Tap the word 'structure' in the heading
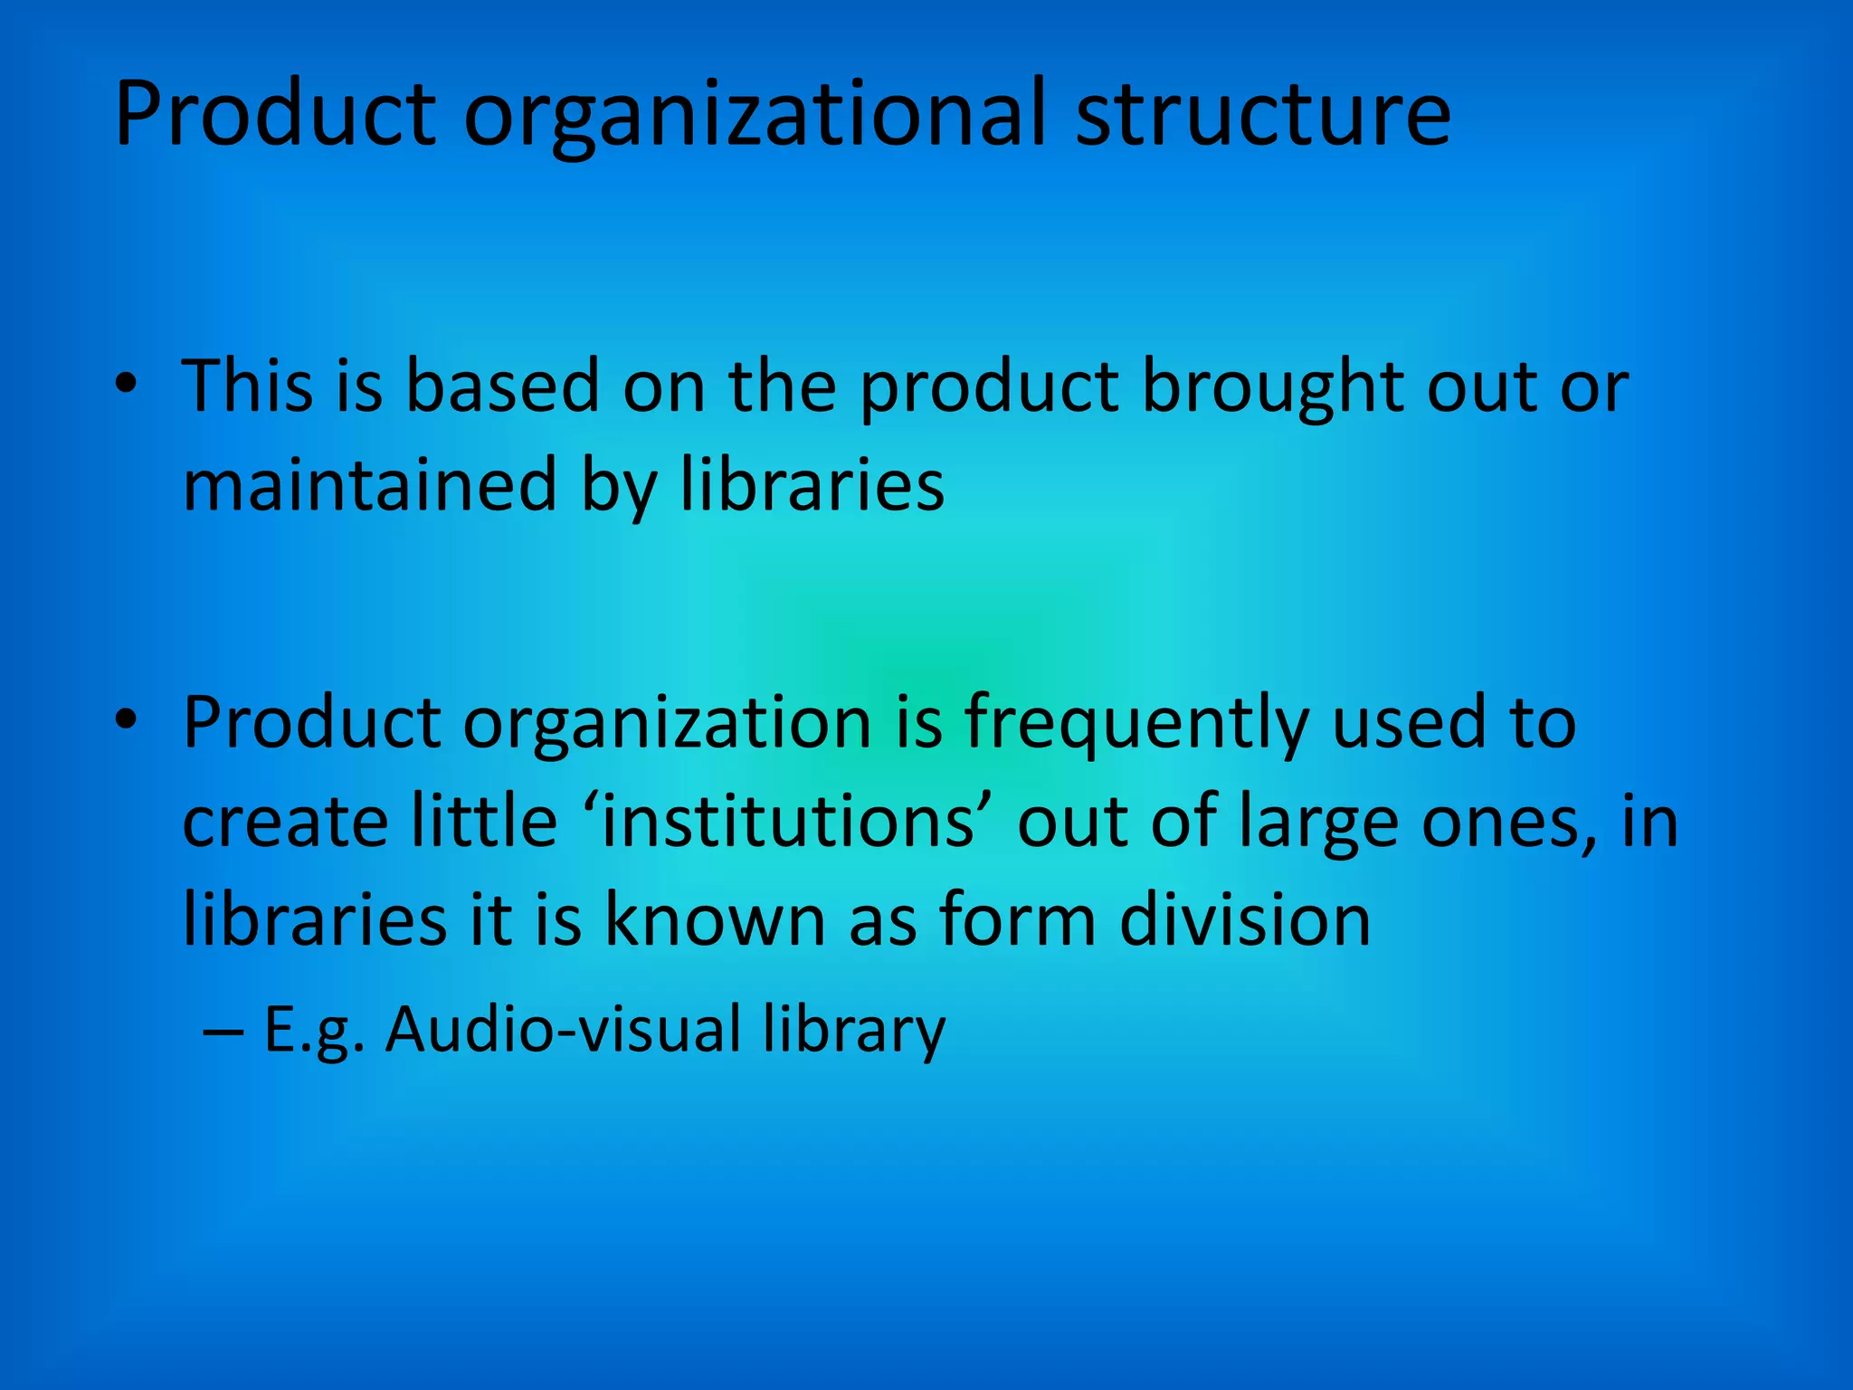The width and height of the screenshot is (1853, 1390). pos(1263,115)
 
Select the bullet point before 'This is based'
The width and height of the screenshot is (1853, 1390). pos(126,384)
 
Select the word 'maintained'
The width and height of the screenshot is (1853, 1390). pos(369,485)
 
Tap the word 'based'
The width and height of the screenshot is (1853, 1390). pos(502,386)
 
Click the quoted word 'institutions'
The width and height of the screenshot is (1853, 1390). pos(789,821)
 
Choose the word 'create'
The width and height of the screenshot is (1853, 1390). pos(284,821)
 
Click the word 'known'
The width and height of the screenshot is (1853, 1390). pos(714,919)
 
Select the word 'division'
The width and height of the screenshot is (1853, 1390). pos(1245,919)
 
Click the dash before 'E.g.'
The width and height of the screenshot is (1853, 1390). pos(223,1031)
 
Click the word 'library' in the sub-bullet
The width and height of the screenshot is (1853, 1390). pos(853,1032)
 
